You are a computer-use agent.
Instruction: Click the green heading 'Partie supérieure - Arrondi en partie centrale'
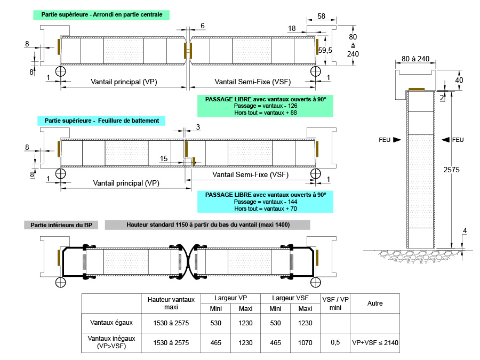tap(101, 14)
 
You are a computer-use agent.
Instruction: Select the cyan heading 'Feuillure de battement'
tap(101, 121)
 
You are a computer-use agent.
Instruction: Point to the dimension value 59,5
tap(326, 50)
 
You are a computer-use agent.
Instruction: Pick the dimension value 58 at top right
tap(321, 17)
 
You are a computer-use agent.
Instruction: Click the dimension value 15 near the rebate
tap(164, 158)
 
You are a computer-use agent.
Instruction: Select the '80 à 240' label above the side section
tap(415, 58)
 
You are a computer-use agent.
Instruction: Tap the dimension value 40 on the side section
tap(459, 80)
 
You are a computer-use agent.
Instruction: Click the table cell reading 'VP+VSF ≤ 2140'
tap(375, 342)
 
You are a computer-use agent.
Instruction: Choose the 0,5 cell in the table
tap(335, 342)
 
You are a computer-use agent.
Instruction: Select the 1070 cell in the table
tap(306, 342)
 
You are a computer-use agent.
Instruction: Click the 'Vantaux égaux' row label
tap(110, 323)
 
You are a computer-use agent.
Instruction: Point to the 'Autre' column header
tap(375, 303)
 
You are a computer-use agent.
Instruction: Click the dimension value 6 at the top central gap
tap(202, 26)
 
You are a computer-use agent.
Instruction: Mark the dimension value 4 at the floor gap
tap(465, 230)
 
